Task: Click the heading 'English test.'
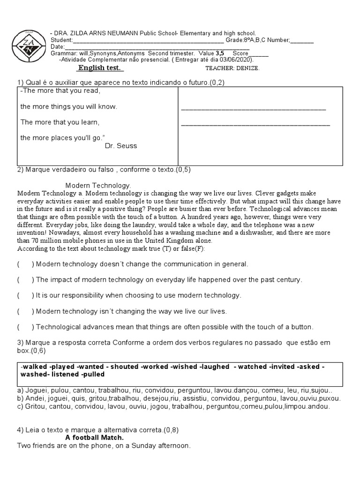(100, 68)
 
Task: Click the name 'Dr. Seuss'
(121, 146)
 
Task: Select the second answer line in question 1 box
(255, 124)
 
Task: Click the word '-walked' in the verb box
(35, 366)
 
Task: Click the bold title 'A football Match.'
(95, 438)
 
